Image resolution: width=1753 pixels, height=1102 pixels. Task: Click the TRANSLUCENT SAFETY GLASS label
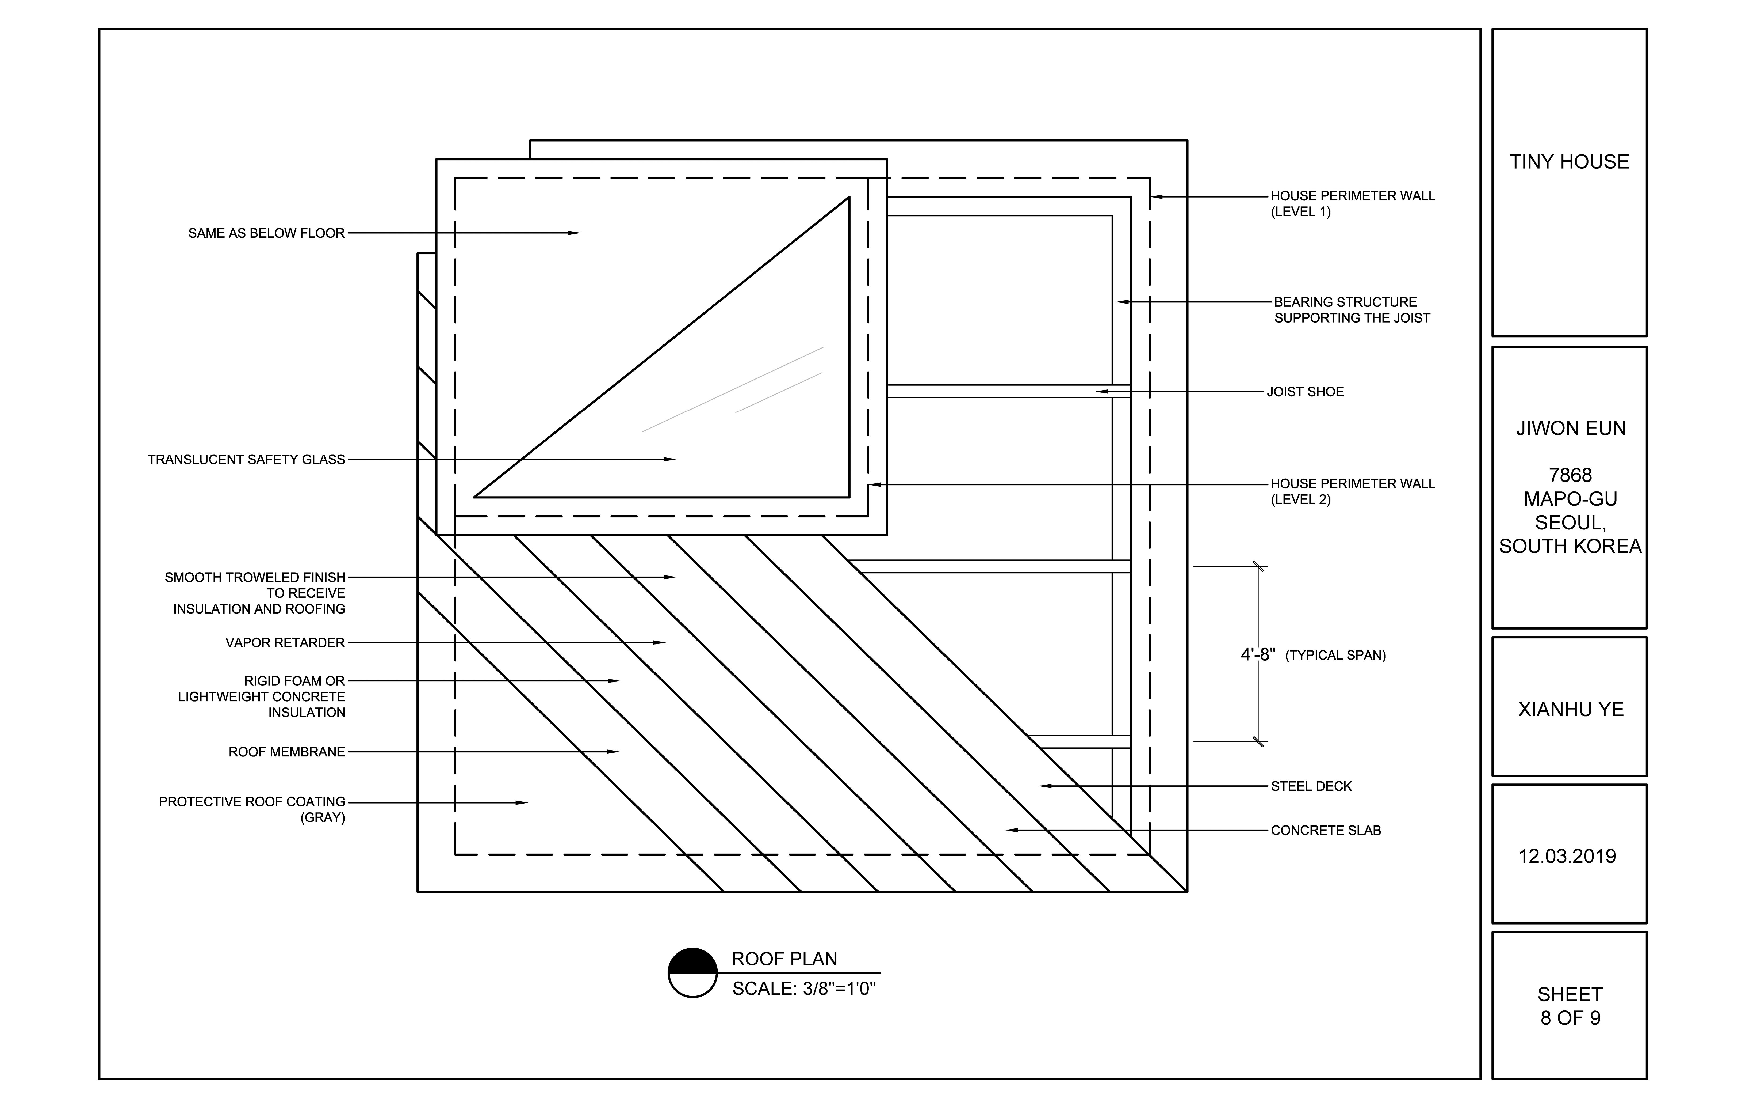[x=246, y=460]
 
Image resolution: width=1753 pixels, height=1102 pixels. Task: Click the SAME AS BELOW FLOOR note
[x=266, y=233]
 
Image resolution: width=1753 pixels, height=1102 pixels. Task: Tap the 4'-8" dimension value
[x=1258, y=655]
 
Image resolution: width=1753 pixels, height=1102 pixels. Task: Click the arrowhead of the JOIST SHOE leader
[x=1102, y=392]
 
